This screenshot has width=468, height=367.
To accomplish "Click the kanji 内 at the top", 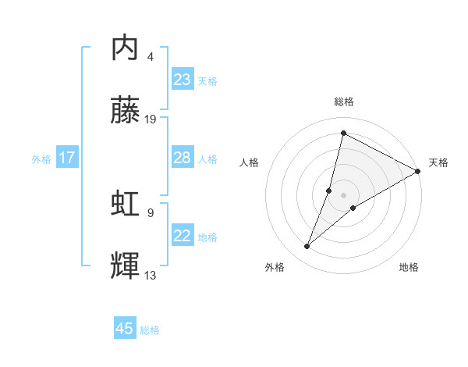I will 126,49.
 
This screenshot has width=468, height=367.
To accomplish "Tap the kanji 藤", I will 126,110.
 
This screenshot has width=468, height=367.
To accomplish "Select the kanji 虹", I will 126,204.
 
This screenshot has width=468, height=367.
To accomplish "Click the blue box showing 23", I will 183,80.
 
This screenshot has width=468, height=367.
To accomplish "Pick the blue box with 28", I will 183,158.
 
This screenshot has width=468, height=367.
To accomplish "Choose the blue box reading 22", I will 183,236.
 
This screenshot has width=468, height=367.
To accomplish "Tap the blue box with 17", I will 67,158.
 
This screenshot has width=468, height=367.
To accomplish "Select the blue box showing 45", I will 125,329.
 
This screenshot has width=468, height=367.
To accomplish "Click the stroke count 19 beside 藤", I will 151,119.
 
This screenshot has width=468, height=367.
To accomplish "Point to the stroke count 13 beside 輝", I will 151,275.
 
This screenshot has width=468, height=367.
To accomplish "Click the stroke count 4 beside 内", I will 151,57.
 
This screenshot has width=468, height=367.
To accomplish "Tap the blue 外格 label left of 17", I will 41,159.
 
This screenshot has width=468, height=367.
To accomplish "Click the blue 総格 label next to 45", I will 150,330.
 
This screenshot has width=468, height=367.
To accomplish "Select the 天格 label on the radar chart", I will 439,162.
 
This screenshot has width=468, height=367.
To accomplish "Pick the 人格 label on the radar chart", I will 250,162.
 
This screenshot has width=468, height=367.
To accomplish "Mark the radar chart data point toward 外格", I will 307,247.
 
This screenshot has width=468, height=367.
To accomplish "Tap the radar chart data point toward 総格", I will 343,133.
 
